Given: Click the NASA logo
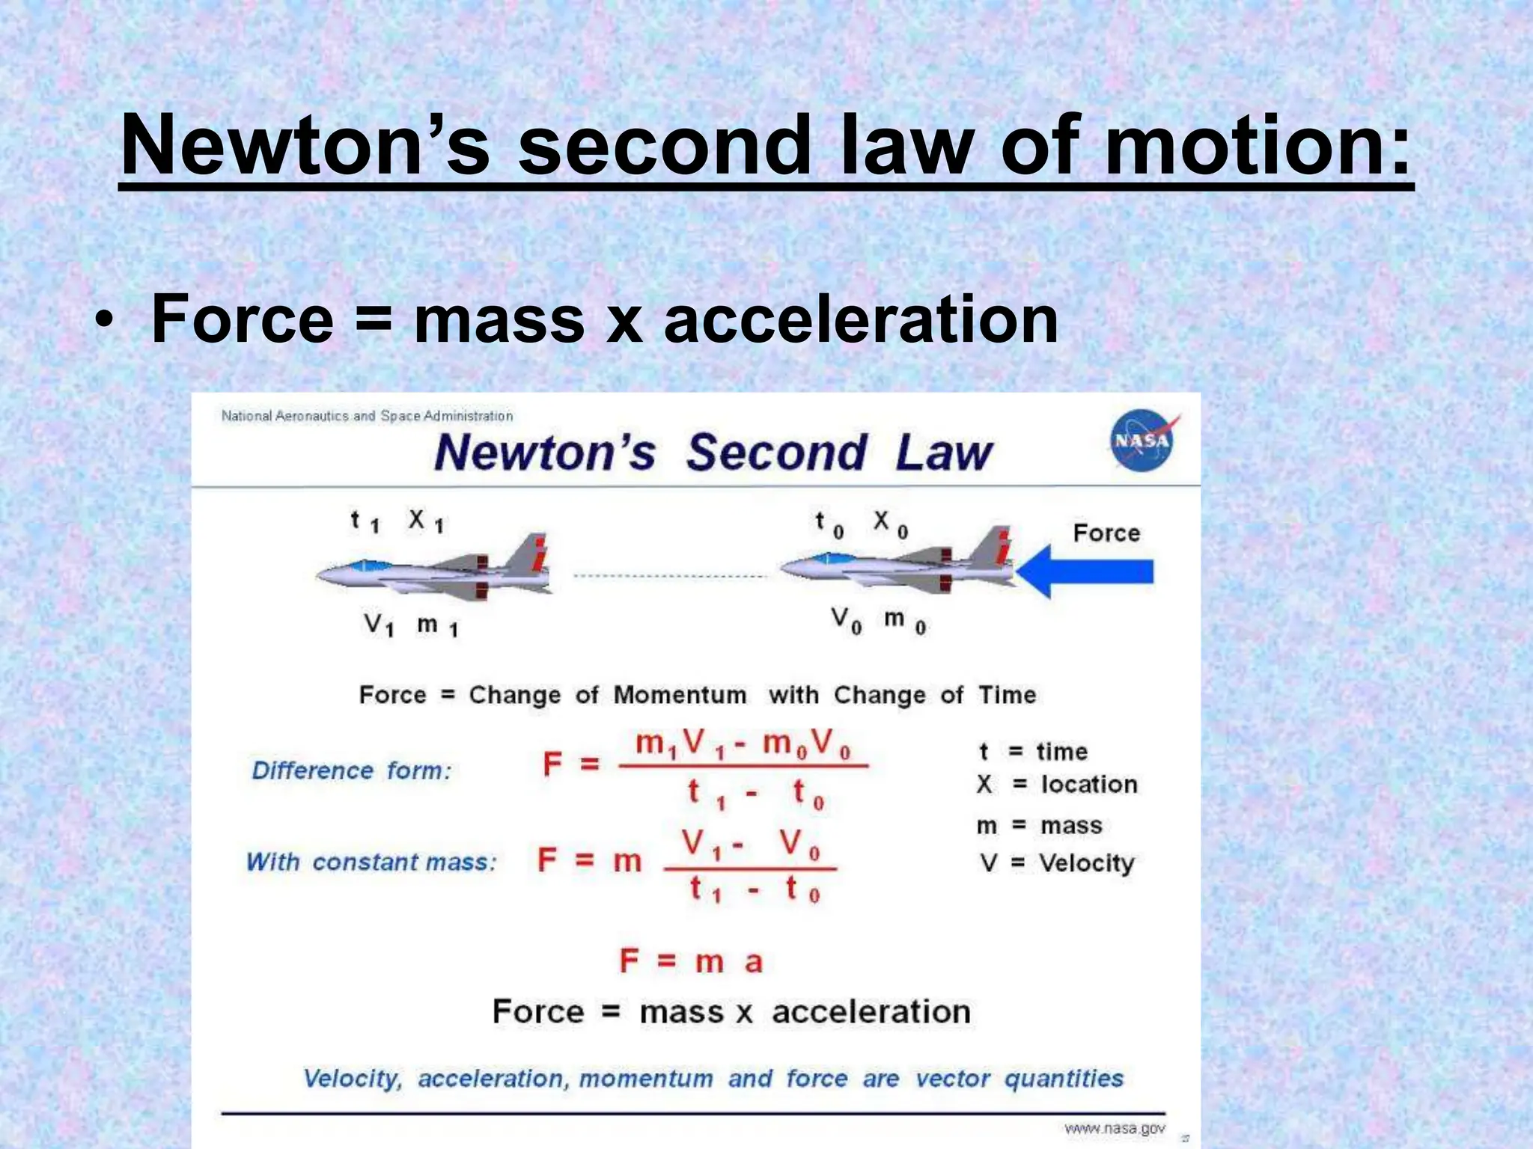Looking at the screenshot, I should tap(1142, 441).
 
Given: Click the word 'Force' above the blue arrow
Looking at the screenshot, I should tap(1106, 533).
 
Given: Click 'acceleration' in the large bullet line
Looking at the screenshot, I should tap(861, 319).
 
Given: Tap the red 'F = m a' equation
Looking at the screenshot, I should tap(690, 960).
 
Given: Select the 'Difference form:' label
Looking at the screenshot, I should tap(352, 770).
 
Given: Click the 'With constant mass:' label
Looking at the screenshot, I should tap(371, 862).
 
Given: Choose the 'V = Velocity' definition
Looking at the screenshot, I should tap(1057, 863).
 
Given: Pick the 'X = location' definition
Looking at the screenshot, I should tap(1057, 784).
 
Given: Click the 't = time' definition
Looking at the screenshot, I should tap(1033, 751).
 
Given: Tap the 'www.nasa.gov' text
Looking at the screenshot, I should tap(1114, 1128).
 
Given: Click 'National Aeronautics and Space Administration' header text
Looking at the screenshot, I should tap(367, 416).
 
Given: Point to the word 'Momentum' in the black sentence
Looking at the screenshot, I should tap(680, 695).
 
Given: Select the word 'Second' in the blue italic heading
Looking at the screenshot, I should tap(776, 453).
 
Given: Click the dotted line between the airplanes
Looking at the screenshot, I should tap(670, 576).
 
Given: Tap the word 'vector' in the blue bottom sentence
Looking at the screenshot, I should tap(952, 1079).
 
